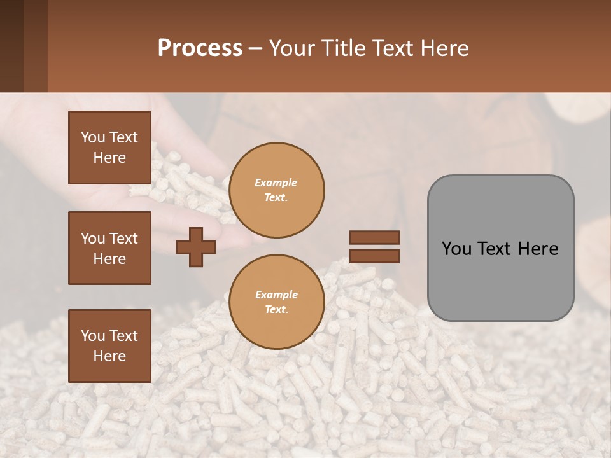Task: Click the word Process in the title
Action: point(200,48)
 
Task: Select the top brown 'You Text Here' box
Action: point(109,148)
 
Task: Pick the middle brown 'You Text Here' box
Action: point(109,248)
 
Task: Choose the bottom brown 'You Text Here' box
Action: point(109,346)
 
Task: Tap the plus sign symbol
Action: point(195,247)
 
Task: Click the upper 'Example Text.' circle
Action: point(276,190)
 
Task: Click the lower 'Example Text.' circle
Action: point(276,302)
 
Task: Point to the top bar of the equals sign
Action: point(374,237)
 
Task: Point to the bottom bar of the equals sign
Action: point(374,256)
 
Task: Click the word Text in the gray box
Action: point(498,249)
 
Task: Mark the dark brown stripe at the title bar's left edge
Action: point(11,46)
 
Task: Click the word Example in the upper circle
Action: point(276,183)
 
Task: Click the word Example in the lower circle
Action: point(276,295)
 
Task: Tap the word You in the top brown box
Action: point(93,137)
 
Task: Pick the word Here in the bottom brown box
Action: point(109,356)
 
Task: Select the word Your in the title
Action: point(293,48)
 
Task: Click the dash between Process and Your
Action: point(255,49)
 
